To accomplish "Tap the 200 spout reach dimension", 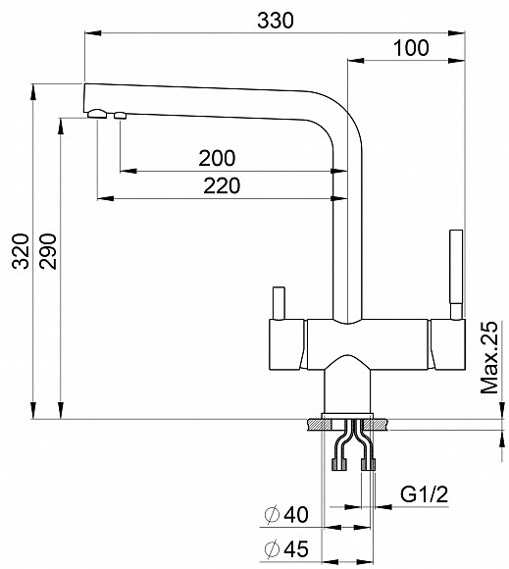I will point(216,157).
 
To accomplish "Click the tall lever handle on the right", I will point(455,270).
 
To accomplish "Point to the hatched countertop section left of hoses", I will point(321,426).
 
